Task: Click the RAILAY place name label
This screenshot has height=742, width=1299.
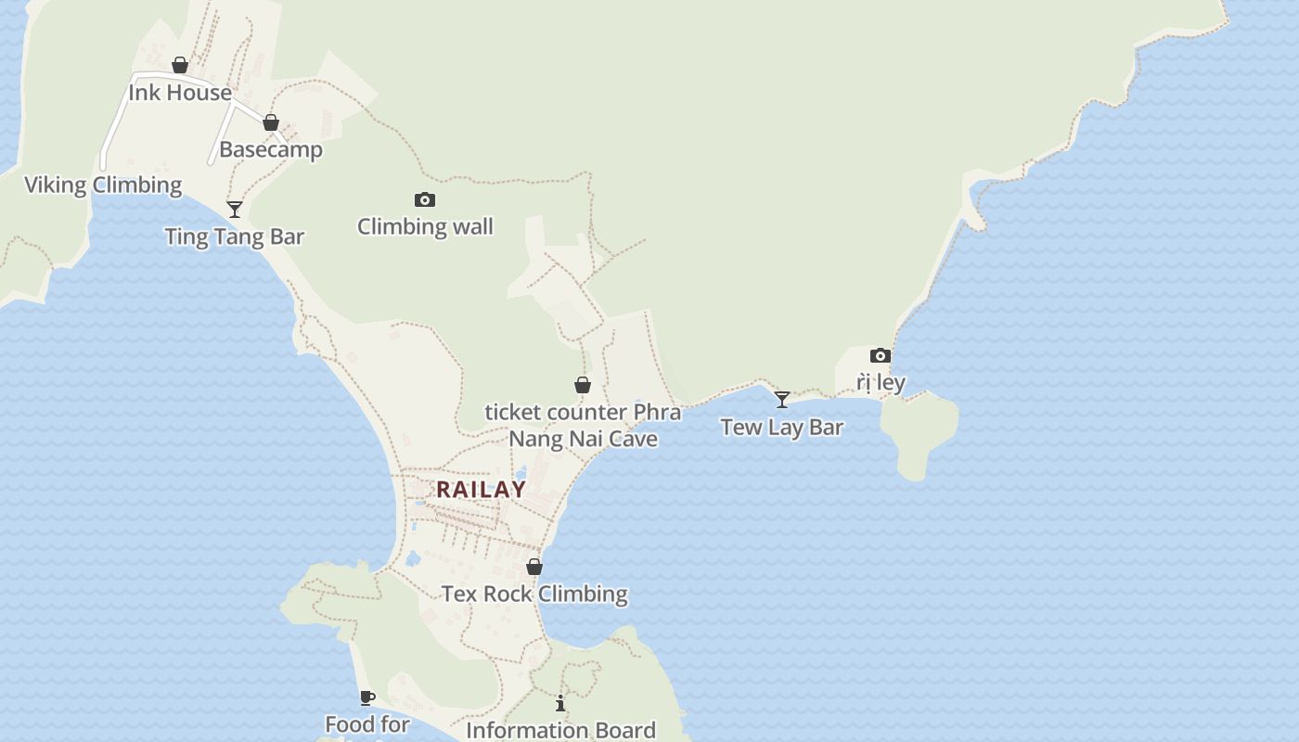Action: click(481, 490)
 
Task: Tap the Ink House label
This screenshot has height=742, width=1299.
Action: click(180, 93)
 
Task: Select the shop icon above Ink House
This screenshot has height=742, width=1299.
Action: click(180, 65)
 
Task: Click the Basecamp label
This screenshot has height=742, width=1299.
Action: click(271, 149)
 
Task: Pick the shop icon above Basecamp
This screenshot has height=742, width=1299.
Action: click(271, 122)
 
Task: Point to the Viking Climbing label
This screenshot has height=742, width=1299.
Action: click(103, 185)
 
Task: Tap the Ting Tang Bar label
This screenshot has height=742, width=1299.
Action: click(235, 237)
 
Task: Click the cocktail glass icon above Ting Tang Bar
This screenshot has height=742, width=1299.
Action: click(235, 210)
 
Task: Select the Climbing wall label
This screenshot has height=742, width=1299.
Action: click(425, 226)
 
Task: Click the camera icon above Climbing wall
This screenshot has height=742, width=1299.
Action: click(425, 199)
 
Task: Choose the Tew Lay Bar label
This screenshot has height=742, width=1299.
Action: click(782, 428)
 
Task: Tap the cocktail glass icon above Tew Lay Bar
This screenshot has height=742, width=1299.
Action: click(782, 400)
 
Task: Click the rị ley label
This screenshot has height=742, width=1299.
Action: click(881, 382)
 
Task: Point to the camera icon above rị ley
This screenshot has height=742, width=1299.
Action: click(881, 355)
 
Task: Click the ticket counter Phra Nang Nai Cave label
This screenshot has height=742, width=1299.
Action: click(583, 425)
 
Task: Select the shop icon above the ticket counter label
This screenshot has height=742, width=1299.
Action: click(583, 385)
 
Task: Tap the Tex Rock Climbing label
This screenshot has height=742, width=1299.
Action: click(534, 594)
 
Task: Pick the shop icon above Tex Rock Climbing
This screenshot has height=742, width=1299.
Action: click(534, 566)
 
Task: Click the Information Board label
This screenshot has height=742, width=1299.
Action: click(560, 730)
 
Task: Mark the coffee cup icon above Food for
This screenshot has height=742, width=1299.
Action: click(367, 697)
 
